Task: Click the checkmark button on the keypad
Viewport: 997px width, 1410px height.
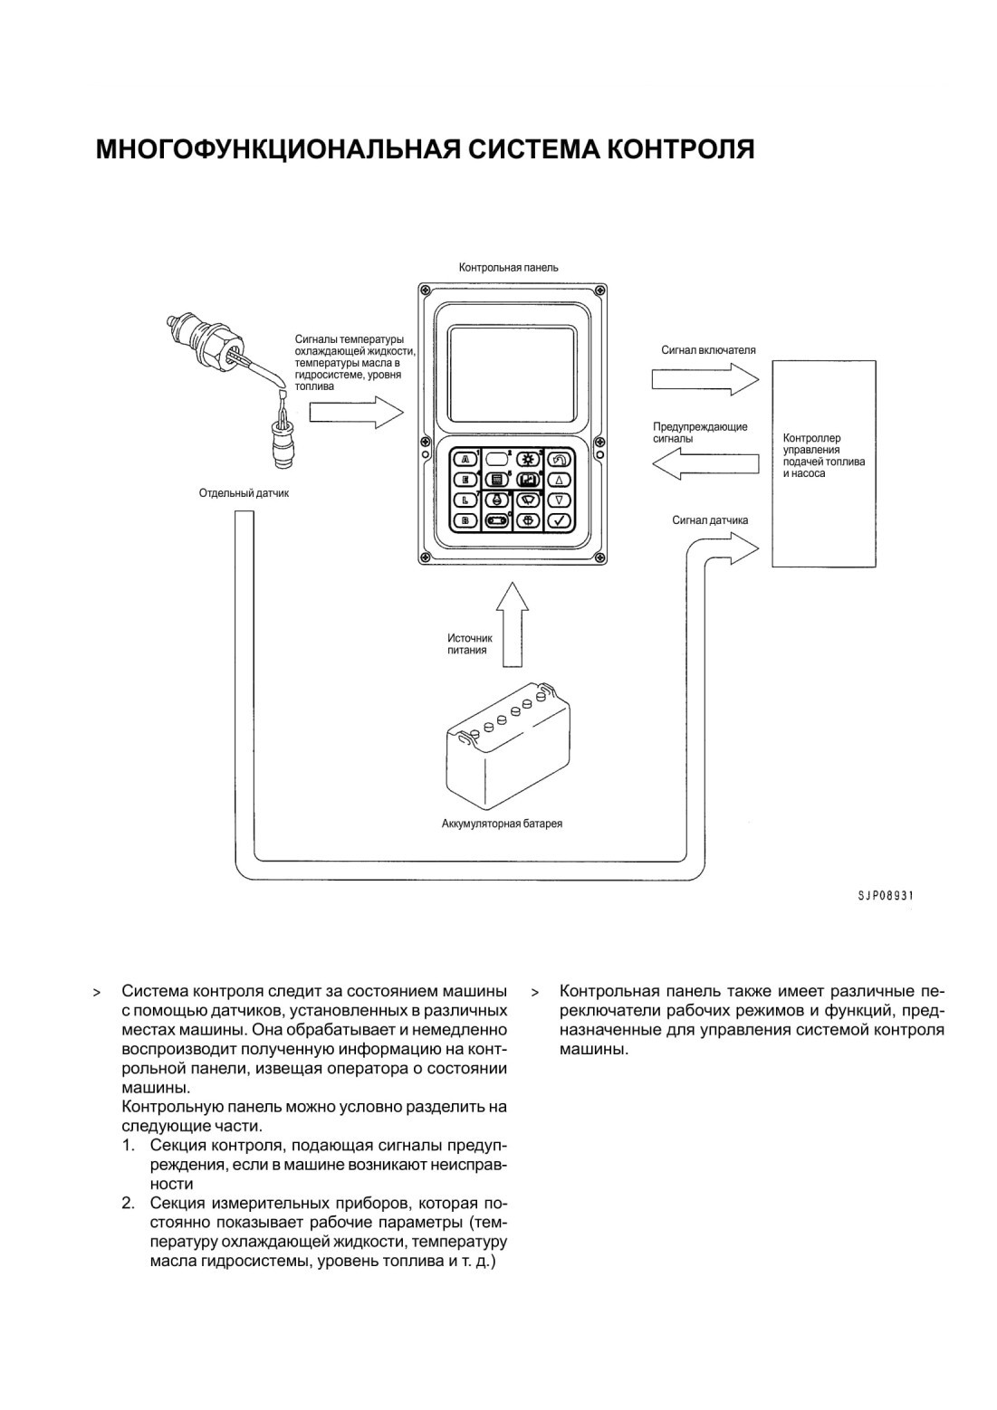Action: point(560,521)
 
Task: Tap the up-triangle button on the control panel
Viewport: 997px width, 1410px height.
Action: point(560,481)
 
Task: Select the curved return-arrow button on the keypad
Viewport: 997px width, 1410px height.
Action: point(560,460)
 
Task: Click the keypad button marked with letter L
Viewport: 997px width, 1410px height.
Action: point(465,500)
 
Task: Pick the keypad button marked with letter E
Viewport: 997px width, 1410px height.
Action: point(465,481)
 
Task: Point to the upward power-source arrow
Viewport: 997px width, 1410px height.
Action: point(512,624)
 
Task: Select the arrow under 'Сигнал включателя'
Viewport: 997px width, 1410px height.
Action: point(705,379)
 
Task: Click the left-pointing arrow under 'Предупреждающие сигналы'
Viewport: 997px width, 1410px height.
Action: point(705,464)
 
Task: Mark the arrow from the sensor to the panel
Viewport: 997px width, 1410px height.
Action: point(356,412)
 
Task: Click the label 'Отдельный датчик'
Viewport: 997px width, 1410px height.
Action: point(244,493)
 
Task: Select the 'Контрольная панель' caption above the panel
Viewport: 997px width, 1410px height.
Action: point(508,268)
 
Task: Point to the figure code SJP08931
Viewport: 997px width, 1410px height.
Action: point(885,896)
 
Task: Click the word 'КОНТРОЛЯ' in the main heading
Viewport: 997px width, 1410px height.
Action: point(672,150)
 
